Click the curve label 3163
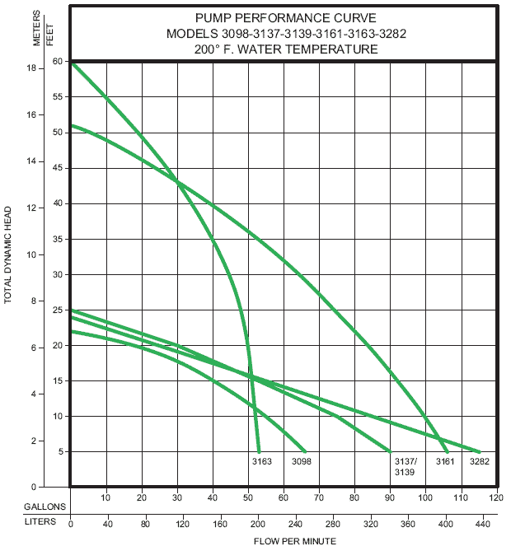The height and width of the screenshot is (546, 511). (261, 462)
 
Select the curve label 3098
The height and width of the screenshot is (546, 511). (302, 462)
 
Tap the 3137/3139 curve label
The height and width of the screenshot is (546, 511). (404, 467)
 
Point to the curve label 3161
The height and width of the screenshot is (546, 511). (445, 462)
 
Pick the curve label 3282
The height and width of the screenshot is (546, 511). (480, 462)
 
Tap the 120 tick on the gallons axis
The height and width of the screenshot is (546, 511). (495, 498)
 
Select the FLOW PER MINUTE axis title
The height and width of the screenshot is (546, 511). (283, 540)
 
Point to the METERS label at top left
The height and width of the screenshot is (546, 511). (37, 28)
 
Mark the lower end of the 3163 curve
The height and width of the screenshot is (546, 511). (259, 451)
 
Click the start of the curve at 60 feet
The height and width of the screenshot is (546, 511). (73, 63)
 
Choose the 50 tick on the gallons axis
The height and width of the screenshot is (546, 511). (248, 498)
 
